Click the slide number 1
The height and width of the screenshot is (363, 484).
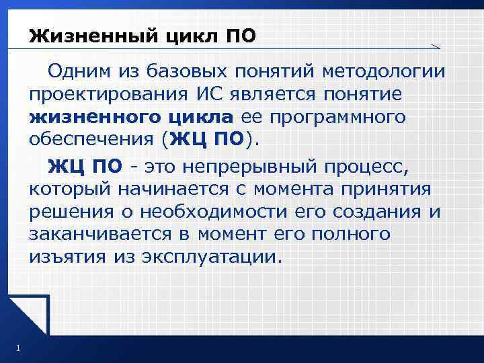click(15, 348)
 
